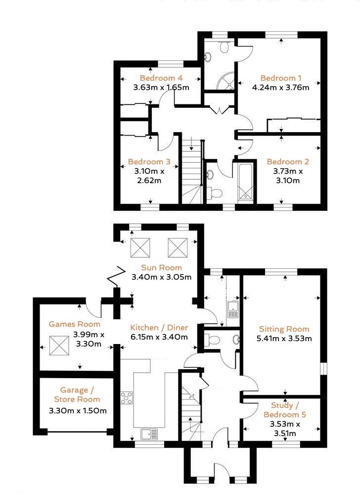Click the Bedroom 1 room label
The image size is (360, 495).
pyautogui.click(x=280, y=78)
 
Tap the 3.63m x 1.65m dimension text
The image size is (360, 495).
pyautogui.click(x=161, y=88)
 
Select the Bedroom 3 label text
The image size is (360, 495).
pyautogui.click(x=149, y=162)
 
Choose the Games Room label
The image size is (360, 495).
pyautogui.click(x=74, y=324)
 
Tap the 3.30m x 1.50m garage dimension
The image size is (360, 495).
pyautogui.click(x=78, y=411)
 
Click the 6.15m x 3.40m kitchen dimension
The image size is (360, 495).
pyautogui.click(x=159, y=337)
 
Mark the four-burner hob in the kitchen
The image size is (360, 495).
pyautogui.click(x=127, y=397)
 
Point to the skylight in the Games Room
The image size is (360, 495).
pyautogui.click(x=58, y=345)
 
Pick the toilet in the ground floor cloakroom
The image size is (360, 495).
pyautogui.click(x=213, y=340)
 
